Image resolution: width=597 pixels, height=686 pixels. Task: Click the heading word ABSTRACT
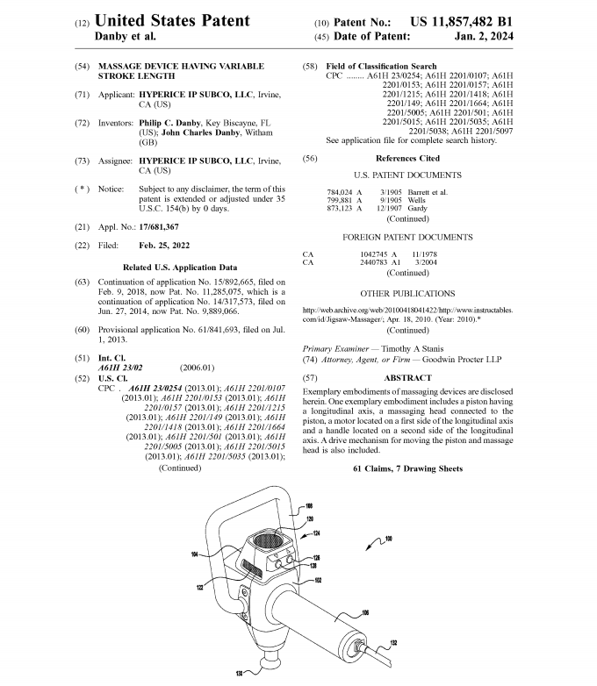[407, 377]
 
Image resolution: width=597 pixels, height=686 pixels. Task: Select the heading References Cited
[407, 159]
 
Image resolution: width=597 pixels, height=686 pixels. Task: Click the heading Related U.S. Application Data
[178, 266]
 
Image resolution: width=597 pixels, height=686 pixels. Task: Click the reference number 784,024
[338, 191]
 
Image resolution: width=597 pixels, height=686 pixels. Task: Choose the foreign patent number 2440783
[378, 261]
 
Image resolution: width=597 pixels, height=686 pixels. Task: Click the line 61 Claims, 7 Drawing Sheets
[407, 469]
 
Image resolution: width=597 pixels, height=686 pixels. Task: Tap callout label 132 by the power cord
[393, 645]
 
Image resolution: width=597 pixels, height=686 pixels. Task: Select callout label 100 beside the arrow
[388, 538]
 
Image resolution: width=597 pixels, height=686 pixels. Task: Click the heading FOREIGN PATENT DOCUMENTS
[407, 237]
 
